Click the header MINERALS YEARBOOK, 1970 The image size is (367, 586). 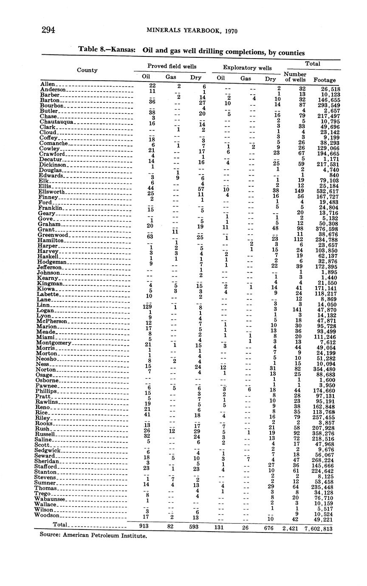[x=192, y=31]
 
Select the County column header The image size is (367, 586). [x=87, y=70]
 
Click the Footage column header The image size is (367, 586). [x=324, y=79]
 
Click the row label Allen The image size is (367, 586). [x=48, y=85]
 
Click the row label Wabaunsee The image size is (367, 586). [x=53, y=499]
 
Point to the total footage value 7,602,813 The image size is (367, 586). [x=319, y=529]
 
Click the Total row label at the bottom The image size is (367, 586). [x=61, y=525]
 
